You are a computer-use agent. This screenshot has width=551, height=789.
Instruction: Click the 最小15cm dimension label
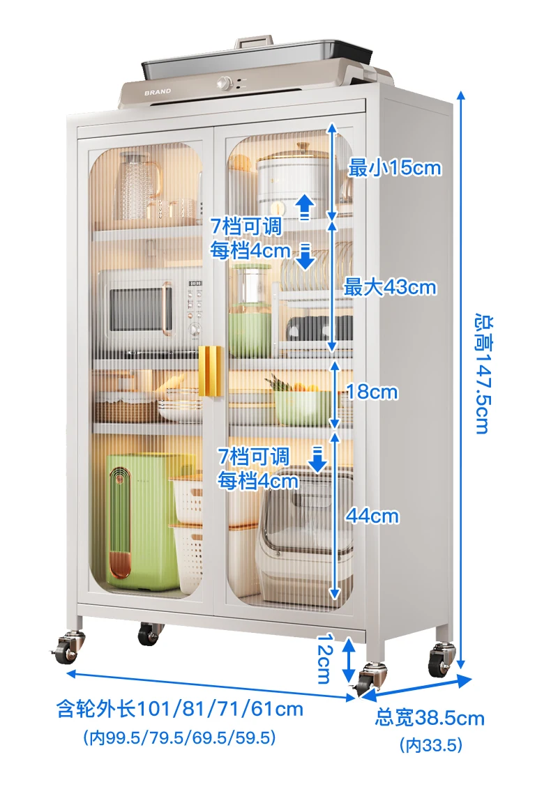pos(395,168)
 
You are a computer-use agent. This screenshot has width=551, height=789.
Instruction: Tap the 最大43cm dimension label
pos(390,286)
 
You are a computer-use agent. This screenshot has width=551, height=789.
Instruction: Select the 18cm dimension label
pos(372,392)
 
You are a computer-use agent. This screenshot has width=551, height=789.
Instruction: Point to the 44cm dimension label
pos(373,516)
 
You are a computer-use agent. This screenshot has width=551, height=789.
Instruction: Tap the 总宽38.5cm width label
pos(430,717)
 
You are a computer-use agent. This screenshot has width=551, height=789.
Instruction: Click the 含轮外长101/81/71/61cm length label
pos(180,710)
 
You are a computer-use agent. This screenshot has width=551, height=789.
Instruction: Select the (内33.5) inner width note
pos(431,745)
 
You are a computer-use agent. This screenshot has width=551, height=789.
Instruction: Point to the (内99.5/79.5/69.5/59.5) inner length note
pos(179,737)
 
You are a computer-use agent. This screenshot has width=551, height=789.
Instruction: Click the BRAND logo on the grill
pos(158,91)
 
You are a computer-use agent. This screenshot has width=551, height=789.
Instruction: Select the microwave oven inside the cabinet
pos(154,307)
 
